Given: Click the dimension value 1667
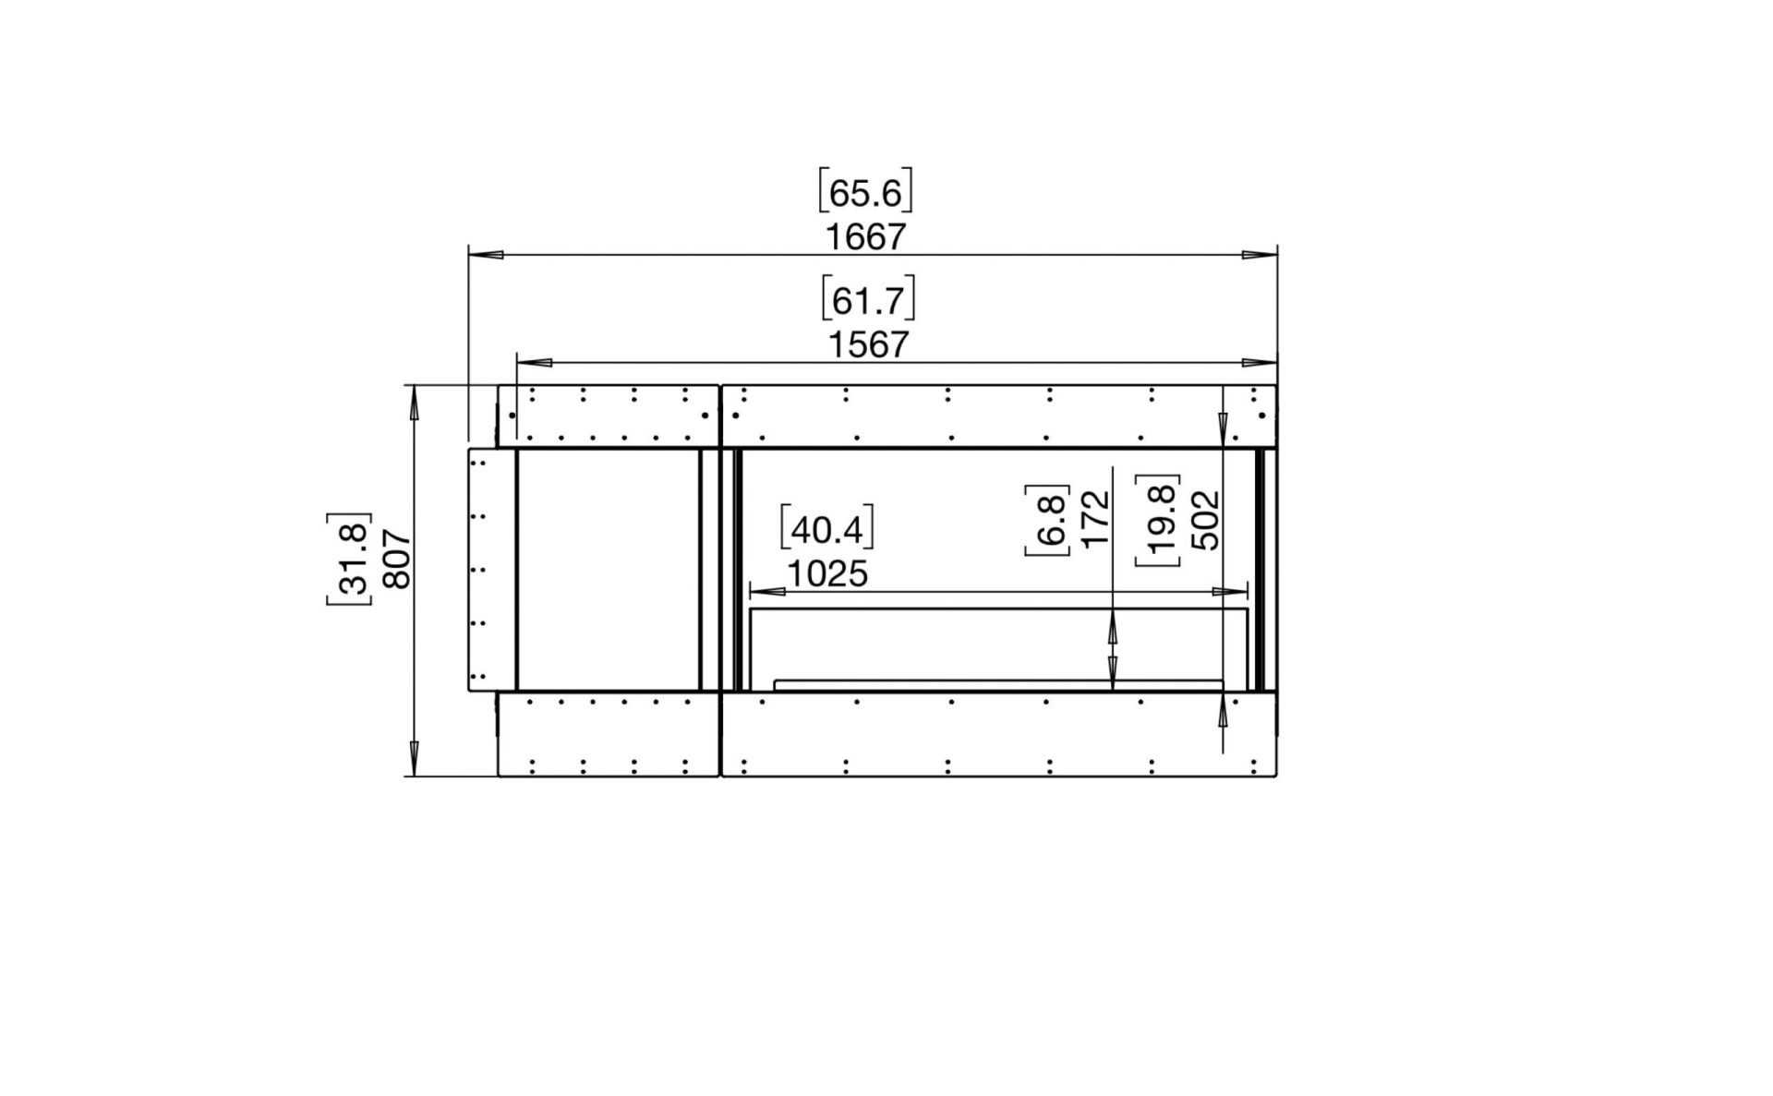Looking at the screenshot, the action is [865, 237].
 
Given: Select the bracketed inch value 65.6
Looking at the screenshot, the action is [865, 192].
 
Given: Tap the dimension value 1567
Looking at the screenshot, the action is [868, 344].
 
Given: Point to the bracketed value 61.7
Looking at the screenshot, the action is [868, 299].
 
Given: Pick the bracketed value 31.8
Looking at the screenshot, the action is [349, 559].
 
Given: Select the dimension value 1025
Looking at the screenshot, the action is [827, 574].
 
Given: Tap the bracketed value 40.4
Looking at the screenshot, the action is [827, 529].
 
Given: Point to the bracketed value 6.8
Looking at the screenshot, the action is [1047, 519].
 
